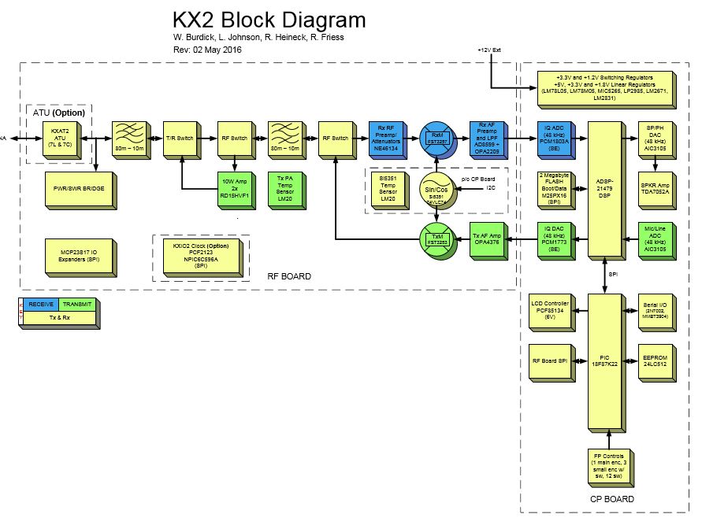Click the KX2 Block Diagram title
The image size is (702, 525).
click(269, 20)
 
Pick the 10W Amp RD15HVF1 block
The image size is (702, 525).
click(235, 189)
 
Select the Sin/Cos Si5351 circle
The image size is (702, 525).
click(434, 190)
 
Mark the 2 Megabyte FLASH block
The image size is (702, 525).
click(556, 189)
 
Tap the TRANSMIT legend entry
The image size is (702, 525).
click(76, 304)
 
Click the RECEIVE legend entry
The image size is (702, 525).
click(41, 304)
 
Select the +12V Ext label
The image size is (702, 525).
click(489, 50)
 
